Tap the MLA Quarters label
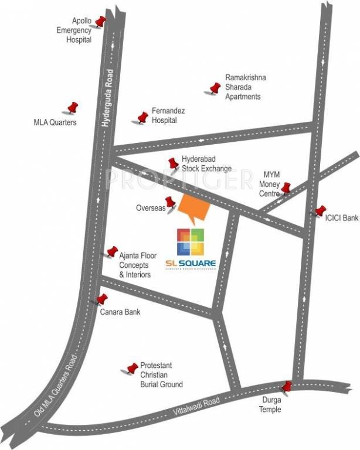pos(55,123)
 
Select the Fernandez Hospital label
pos(164,115)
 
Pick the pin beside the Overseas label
pos(170,203)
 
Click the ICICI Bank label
pos(341,218)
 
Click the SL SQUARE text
pos(196,264)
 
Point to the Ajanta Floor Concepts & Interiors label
pos(135,265)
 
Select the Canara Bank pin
pos(103,299)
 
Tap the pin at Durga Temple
pos(287,387)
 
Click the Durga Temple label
pos(270,405)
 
